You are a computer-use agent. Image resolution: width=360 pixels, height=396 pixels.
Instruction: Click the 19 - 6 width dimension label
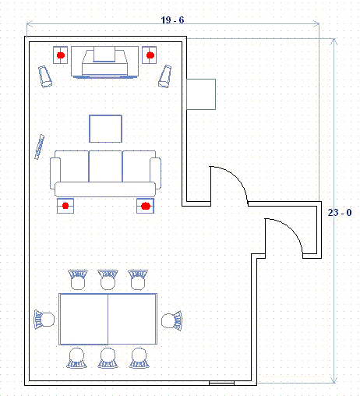tap(172, 20)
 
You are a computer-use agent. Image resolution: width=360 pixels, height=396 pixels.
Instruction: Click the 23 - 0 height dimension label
tap(340, 213)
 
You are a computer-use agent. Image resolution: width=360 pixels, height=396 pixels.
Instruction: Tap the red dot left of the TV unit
tap(61, 55)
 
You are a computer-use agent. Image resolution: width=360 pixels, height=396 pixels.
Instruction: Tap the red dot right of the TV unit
tap(150, 55)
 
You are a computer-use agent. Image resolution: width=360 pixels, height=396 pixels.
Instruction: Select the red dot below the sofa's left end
tap(65, 206)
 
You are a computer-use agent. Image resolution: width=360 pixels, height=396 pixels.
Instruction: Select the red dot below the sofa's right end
tap(146, 206)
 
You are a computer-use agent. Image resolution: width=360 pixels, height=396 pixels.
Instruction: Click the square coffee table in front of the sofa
tap(105, 129)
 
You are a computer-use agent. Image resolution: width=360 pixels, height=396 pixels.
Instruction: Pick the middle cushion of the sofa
tap(105, 166)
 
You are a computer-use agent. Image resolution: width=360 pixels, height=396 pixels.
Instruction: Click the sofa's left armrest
tap(55, 173)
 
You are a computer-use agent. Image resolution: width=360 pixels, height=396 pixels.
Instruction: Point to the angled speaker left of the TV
tap(45, 76)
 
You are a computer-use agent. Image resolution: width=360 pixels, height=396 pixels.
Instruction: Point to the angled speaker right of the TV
tap(165, 76)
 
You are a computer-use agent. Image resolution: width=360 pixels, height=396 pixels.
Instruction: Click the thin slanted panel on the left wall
tap(40, 147)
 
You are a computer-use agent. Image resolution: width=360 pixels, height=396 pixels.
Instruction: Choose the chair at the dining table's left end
tap(44, 320)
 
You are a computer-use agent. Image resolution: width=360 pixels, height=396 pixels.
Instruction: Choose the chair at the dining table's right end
tap(172, 320)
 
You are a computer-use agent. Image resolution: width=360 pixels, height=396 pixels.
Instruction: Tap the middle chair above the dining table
tap(108, 280)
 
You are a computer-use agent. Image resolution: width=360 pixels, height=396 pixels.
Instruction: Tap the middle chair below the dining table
tap(108, 358)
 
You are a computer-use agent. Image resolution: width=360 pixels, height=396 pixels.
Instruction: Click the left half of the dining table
tap(83, 319)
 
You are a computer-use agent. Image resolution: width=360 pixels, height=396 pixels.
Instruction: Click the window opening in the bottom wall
tap(222, 383)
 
